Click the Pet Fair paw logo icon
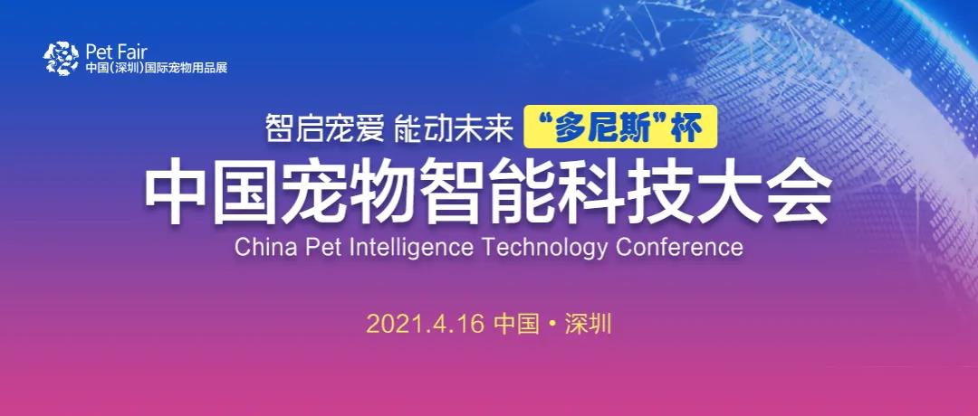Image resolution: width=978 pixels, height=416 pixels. point(62,59)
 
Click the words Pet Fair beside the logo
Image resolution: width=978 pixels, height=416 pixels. point(116,51)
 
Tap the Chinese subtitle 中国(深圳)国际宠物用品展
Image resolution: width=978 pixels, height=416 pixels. point(157,67)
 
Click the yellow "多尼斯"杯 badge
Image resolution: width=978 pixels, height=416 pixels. point(620,127)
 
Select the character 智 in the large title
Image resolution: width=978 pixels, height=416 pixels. point(453,189)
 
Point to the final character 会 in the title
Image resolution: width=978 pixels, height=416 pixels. point(797,189)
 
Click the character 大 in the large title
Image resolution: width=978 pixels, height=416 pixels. point(728,189)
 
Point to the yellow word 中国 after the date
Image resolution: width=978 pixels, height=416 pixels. point(516,325)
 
